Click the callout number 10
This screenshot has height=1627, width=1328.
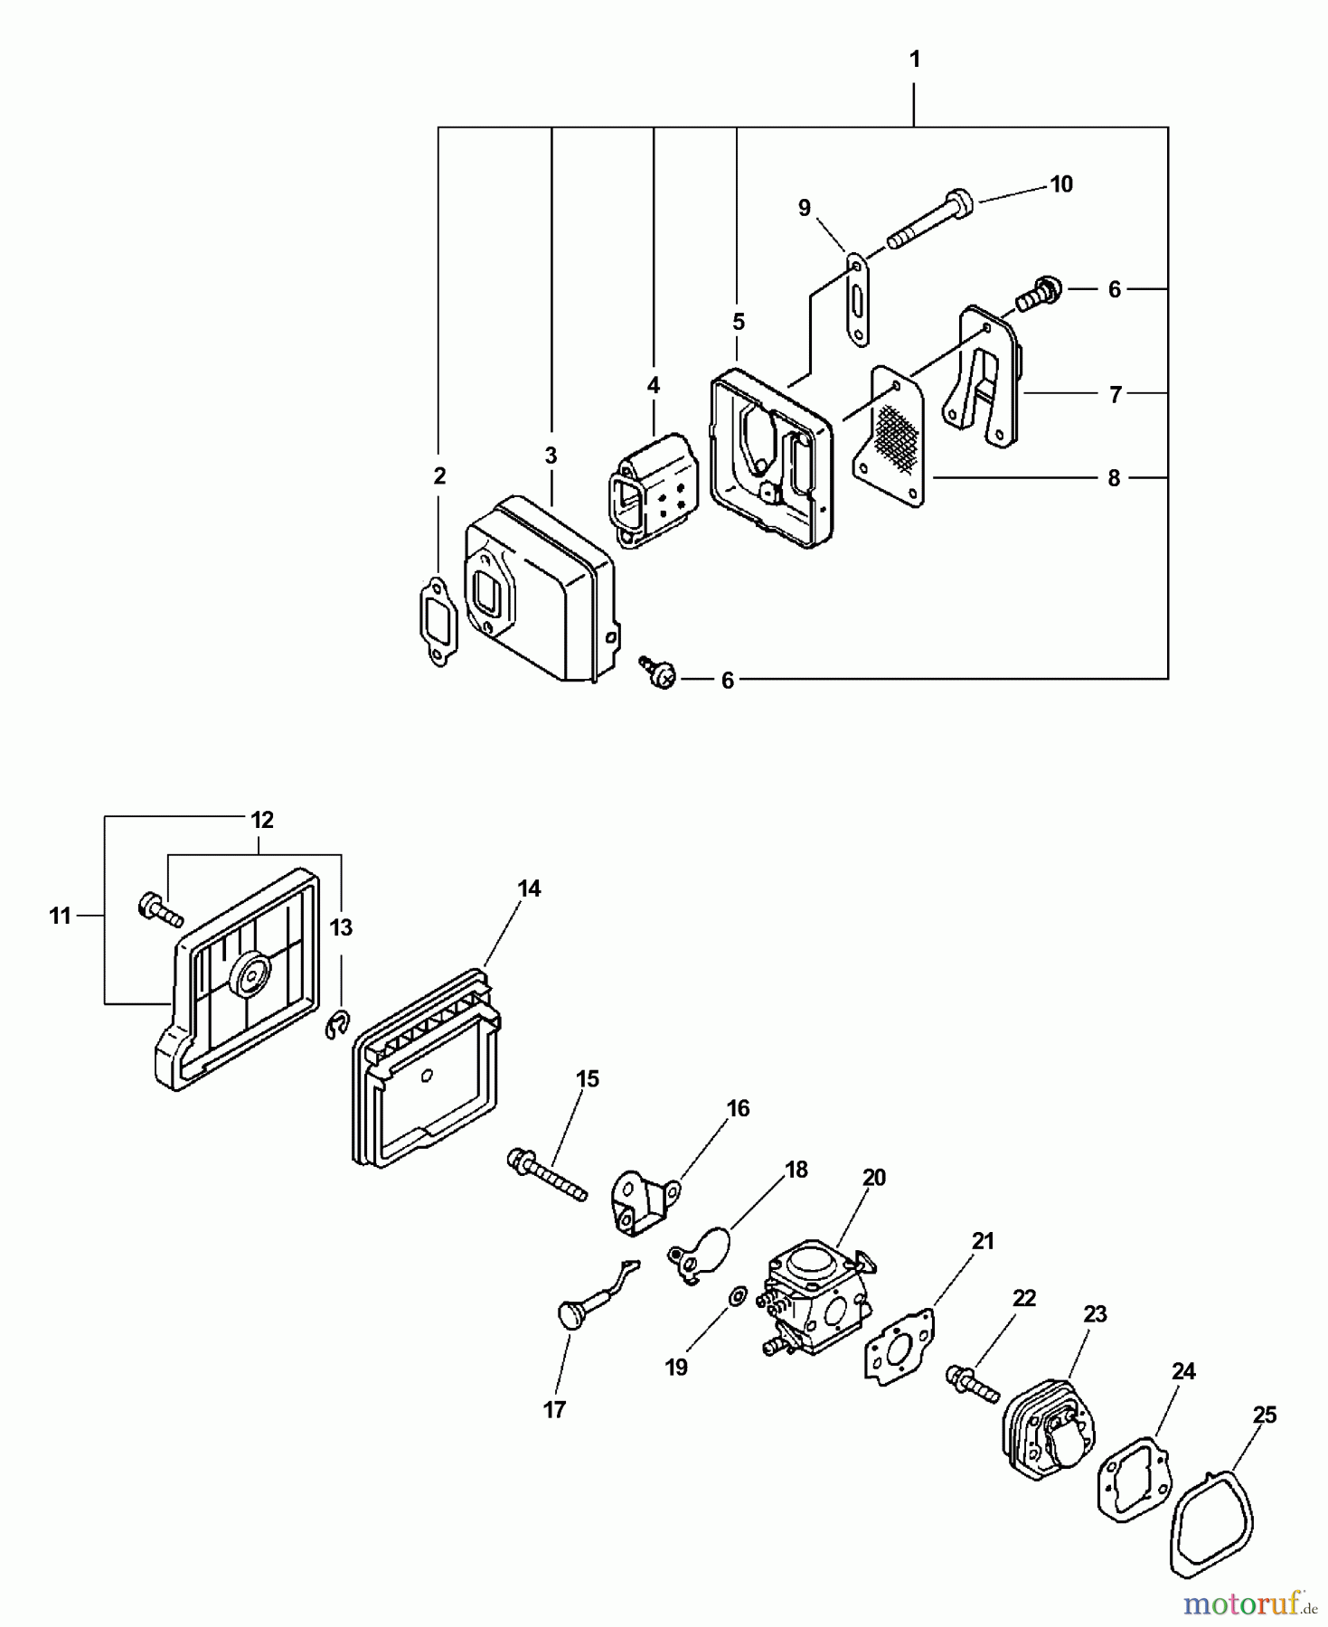[1060, 184]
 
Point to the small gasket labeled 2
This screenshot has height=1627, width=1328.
[437, 621]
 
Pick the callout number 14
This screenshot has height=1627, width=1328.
[529, 889]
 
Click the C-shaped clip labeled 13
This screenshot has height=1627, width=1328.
[336, 1027]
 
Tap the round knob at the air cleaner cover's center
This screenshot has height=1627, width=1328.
[250, 974]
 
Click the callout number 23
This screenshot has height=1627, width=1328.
[1095, 1314]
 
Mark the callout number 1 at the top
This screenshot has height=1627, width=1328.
[914, 60]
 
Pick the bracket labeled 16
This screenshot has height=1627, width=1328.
[645, 1202]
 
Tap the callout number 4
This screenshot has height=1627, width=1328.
[653, 385]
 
